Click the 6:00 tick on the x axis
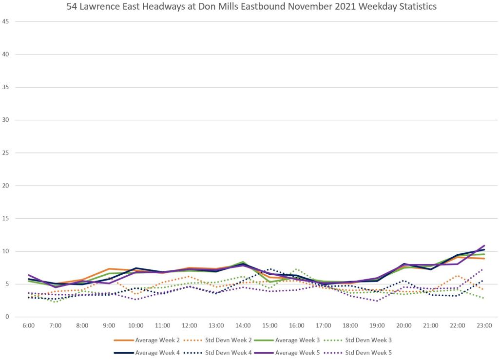pyautogui.click(x=29, y=325)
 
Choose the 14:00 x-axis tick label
pyautogui.click(x=243, y=325)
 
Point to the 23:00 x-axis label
pyautogui.click(x=484, y=325)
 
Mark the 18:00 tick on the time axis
pyautogui.click(x=350, y=325)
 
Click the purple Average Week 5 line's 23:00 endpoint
pyautogui.click(x=484, y=246)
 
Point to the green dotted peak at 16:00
pyautogui.click(x=297, y=269)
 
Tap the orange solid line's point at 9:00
pyautogui.click(x=109, y=269)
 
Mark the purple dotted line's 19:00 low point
pyautogui.click(x=377, y=301)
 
